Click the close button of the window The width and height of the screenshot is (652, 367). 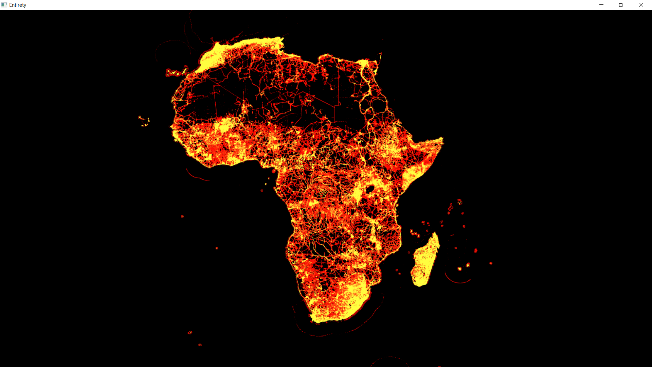pyautogui.click(x=641, y=5)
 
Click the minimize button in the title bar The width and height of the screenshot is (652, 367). pyautogui.click(x=601, y=5)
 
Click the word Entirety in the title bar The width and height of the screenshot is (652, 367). pyautogui.click(x=18, y=5)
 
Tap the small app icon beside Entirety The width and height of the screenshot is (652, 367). pyautogui.click(x=4, y=5)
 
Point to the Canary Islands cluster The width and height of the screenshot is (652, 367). pyautogui.click(x=176, y=72)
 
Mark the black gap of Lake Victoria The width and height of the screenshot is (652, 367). pyautogui.click(x=370, y=189)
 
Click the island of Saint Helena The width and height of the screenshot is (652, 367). pyautogui.click(x=217, y=248)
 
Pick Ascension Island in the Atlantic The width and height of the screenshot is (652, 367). pyautogui.click(x=182, y=216)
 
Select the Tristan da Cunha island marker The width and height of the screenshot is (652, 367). pyautogui.click(x=190, y=332)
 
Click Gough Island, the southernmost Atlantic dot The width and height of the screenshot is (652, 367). pyautogui.click(x=200, y=345)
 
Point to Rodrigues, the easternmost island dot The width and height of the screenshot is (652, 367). pyautogui.click(x=491, y=263)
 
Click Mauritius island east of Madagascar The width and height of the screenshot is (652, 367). pyautogui.click(x=468, y=265)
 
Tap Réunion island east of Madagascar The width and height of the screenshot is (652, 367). pyautogui.click(x=460, y=269)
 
